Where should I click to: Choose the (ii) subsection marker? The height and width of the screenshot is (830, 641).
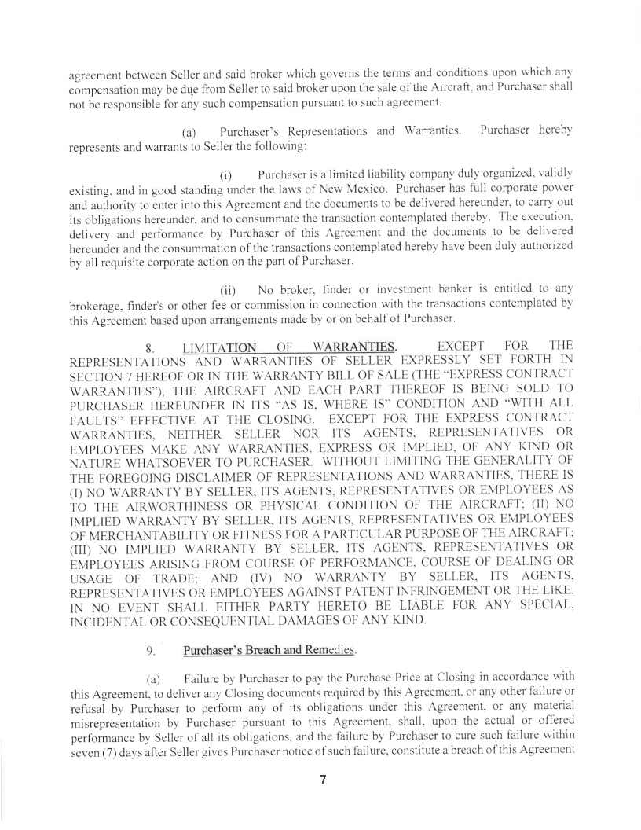coord(228,298)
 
